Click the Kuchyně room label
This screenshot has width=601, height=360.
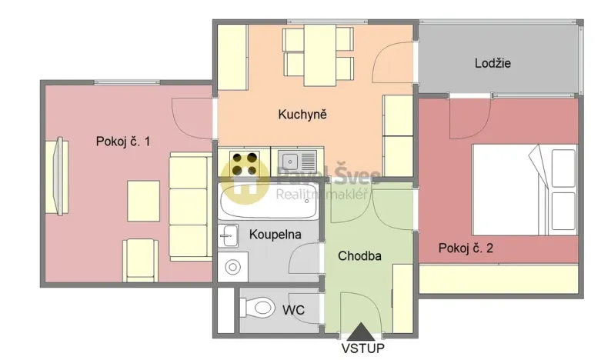[302, 115]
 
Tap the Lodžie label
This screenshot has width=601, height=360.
[492, 63]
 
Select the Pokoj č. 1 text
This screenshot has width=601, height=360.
[122, 141]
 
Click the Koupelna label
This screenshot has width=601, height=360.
[275, 234]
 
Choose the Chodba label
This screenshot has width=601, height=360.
[360, 257]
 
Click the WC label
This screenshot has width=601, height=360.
[293, 310]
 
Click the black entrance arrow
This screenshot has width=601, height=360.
[361, 332]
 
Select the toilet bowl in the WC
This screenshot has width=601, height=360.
[259, 308]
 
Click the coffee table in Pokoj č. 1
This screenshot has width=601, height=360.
[143, 200]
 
